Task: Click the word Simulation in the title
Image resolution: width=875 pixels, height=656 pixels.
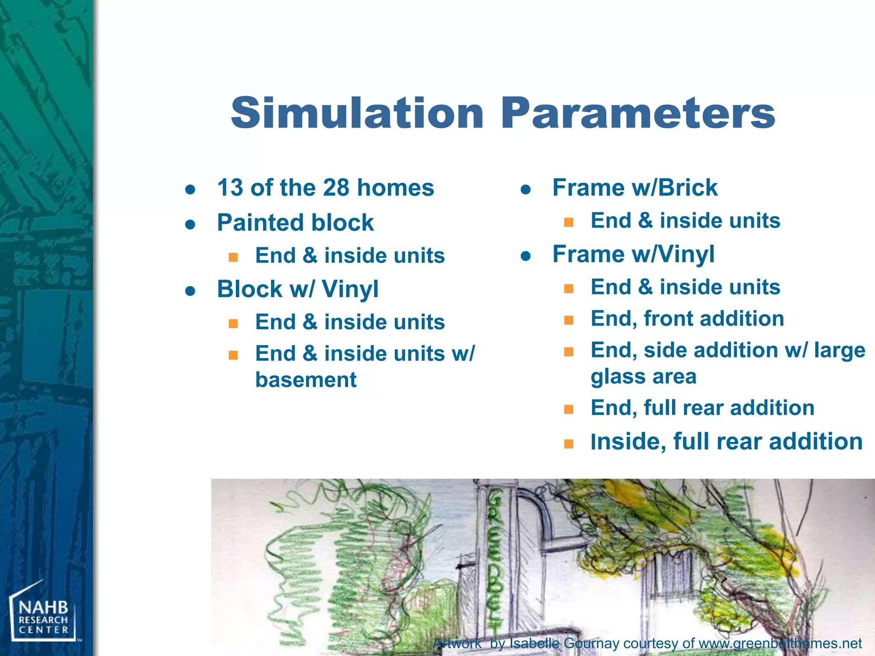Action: click(357, 113)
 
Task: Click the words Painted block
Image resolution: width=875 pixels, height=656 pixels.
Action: click(295, 223)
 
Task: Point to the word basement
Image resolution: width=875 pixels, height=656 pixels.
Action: click(305, 380)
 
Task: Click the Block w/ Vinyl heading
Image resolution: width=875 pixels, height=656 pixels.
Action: click(297, 289)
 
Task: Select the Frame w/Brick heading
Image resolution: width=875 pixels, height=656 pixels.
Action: click(635, 188)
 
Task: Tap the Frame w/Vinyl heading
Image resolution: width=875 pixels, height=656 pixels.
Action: click(633, 254)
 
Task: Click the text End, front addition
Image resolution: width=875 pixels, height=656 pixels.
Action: click(687, 319)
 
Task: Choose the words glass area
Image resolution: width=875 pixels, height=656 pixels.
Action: click(643, 377)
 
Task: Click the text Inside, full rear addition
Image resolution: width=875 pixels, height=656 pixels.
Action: click(726, 442)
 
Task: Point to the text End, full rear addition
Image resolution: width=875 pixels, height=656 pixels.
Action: click(702, 408)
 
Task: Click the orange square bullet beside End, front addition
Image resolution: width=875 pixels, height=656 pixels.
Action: click(568, 320)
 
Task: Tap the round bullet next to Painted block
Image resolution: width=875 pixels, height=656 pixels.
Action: click(191, 224)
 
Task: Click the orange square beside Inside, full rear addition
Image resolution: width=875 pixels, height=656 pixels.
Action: click(568, 444)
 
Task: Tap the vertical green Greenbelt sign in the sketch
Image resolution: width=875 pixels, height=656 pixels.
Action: click(496, 555)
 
